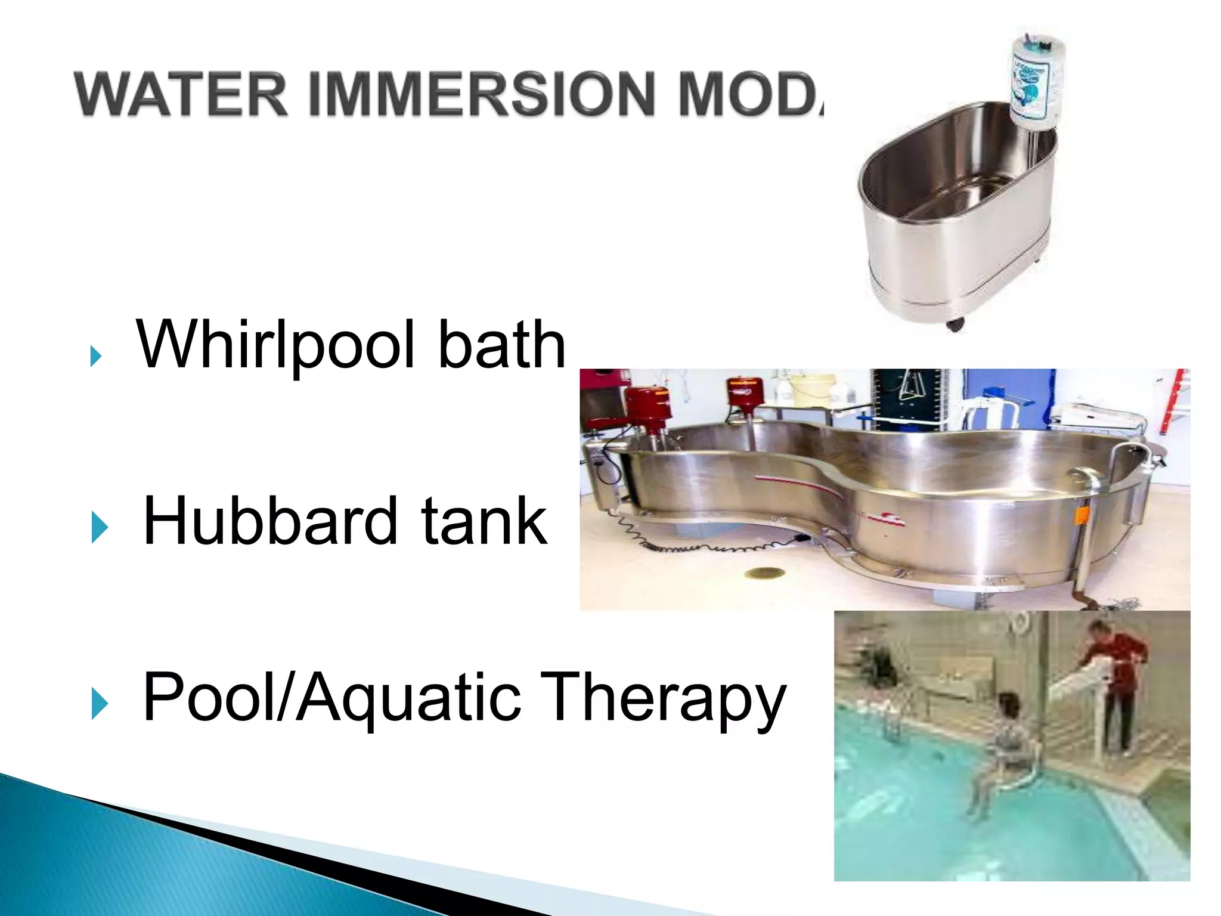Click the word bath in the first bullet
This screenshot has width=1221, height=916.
[501, 345]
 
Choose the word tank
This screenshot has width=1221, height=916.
[484, 521]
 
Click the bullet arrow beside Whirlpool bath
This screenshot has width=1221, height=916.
[95, 356]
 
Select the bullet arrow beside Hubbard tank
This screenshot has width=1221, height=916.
[100, 528]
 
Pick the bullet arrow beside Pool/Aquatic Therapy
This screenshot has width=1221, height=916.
[100, 704]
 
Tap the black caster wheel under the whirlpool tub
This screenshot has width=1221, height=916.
[955, 324]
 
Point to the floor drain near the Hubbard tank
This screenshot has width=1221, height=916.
[765, 573]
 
